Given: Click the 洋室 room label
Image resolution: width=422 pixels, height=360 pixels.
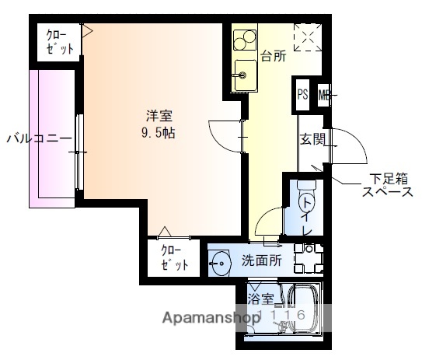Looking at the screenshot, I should click(x=160, y=116).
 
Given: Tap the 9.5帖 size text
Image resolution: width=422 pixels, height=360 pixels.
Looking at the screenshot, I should click(x=160, y=132).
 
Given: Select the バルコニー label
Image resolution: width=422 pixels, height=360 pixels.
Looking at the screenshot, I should click(x=39, y=139).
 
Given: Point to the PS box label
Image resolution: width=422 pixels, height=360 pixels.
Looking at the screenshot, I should click(x=302, y=95).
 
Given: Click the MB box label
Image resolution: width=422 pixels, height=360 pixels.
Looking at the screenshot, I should click(x=323, y=95).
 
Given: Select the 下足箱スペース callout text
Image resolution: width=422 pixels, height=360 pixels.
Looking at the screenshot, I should click(x=385, y=186).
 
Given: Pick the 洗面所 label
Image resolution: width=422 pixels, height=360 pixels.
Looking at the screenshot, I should click(x=260, y=260).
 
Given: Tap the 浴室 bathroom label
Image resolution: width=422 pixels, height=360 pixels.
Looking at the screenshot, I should click(x=260, y=299).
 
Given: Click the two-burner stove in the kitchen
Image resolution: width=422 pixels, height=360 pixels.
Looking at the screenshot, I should click(x=244, y=38).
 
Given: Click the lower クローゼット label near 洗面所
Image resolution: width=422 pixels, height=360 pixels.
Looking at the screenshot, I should click(x=176, y=258).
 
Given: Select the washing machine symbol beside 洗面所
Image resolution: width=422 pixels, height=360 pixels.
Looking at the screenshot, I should click(x=311, y=258).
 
